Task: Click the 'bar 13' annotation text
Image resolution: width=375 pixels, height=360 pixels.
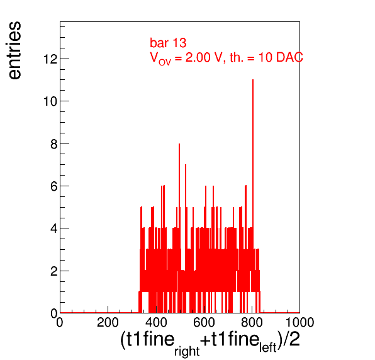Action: [168, 43]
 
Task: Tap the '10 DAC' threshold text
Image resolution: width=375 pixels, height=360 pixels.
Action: [281, 57]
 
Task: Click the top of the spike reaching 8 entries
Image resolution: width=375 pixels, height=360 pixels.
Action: [179, 143]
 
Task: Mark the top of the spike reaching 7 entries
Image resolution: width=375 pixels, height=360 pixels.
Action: [186, 165]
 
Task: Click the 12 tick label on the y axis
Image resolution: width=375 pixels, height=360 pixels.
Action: [50, 59]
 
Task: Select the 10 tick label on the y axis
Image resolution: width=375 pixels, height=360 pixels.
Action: [50, 101]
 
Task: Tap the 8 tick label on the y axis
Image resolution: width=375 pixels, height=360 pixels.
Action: [54, 144]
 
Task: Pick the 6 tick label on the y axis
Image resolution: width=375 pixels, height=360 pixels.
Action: [54, 186]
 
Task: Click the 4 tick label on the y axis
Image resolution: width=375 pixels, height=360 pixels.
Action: [54, 228]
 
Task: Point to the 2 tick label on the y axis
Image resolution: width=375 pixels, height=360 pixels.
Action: [54, 271]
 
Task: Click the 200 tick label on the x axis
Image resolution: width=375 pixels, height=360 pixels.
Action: [108, 322]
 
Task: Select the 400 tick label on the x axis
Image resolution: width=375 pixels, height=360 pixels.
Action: [156, 322]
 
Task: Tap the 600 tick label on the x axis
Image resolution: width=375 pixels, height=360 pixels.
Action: [204, 322]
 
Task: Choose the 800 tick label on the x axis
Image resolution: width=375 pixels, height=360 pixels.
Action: [252, 322]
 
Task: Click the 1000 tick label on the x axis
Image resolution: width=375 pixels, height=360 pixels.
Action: [300, 322]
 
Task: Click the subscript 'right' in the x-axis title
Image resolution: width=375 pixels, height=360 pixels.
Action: [187, 351]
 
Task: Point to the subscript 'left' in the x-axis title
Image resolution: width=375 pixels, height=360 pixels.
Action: [268, 347]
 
